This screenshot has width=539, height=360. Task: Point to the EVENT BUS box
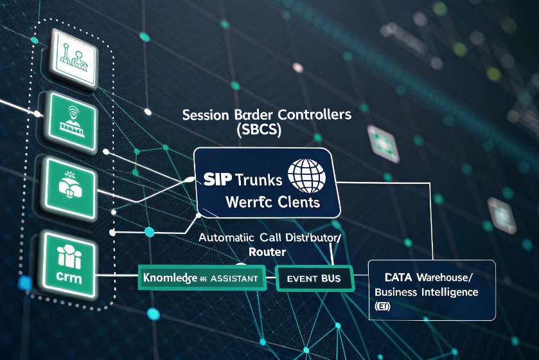(x=314, y=278)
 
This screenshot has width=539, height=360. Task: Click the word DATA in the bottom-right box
(x=398, y=278)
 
